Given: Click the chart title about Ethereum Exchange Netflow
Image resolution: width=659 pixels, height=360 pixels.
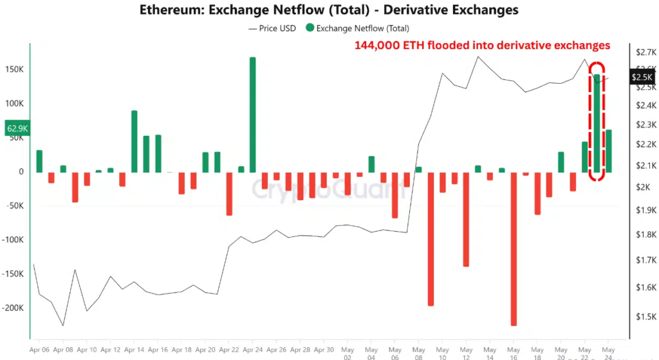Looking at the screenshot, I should (x=329, y=10).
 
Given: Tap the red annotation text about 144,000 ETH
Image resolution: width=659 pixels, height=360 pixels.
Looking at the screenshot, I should (x=482, y=46).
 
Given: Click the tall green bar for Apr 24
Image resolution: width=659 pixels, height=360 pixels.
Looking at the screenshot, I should (x=252, y=114).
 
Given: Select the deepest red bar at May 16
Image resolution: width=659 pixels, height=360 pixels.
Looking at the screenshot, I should (x=514, y=248).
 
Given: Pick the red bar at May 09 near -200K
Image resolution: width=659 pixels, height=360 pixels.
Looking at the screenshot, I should (x=431, y=238).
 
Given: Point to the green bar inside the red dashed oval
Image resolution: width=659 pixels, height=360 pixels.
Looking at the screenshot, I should (x=597, y=126).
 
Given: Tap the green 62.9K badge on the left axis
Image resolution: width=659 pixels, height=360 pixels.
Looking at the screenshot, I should (x=17, y=129).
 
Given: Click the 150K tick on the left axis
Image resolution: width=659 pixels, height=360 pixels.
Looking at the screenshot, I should (x=15, y=70).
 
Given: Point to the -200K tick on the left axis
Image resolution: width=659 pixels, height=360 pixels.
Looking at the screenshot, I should (x=13, y=308).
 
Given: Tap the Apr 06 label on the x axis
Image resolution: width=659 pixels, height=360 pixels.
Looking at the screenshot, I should (x=39, y=350).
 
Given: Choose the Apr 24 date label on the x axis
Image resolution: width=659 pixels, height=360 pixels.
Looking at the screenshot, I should (x=253, y=350).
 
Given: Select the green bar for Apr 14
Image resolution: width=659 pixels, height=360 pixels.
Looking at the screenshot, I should (x=135, y=141).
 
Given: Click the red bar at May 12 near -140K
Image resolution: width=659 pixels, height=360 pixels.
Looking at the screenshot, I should (x=466, y=219).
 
